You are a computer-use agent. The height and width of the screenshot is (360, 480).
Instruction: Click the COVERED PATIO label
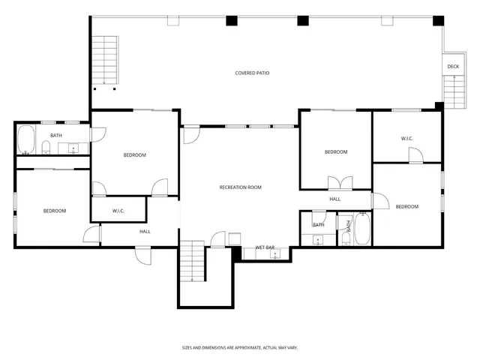click(252, 73)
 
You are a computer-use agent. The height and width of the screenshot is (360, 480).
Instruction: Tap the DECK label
click(453, 67)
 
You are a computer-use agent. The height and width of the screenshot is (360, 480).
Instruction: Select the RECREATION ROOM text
click(240, 187)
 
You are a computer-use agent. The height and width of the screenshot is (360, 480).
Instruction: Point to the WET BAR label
click(265, 247)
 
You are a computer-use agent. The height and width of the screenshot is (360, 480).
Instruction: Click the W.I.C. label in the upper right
click(407, 139)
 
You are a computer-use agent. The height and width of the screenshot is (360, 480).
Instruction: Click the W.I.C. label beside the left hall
click(118, 211)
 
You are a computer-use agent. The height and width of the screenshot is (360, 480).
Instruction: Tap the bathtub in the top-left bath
click(25, 140)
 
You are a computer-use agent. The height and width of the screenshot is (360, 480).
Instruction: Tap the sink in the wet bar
click(275, 254)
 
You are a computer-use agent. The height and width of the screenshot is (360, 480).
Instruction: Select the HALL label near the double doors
click(335, 199)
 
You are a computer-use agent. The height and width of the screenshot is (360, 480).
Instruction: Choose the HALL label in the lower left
click(145, 231)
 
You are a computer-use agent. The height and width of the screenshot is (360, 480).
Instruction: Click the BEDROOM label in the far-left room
click(54, 211)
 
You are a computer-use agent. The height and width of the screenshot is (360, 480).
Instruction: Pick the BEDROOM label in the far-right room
click(406, 206)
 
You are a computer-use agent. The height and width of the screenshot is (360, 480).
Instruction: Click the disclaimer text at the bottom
click(240, 347)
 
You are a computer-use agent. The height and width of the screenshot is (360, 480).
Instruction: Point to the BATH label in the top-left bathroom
click(56, 136)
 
